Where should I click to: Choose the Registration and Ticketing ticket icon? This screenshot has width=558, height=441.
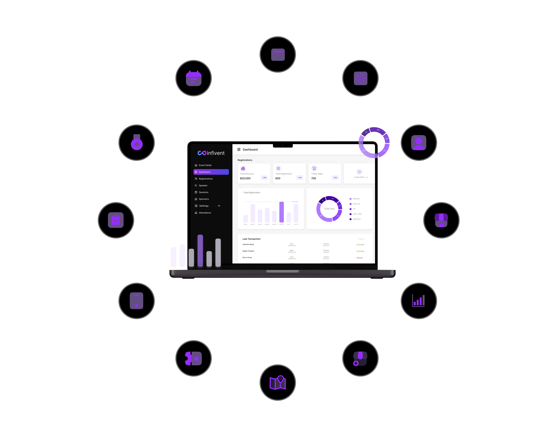[193, 358]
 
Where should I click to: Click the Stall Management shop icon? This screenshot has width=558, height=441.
[360, 358]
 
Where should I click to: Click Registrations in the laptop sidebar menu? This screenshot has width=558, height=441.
[206, 179]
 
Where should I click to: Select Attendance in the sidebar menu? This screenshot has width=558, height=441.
[205, 213]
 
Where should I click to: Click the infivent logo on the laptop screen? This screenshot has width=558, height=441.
[211, 153]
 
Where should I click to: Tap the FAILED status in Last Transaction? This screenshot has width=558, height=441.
[359, 258]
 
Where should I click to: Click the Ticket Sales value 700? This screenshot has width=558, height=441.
[314, 178]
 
